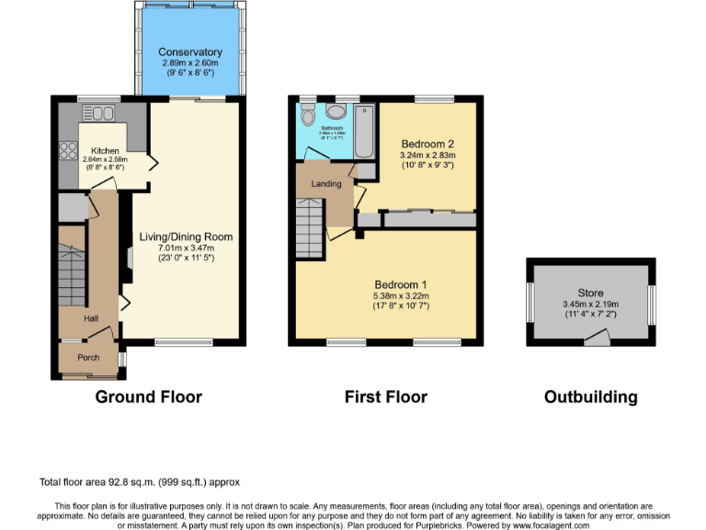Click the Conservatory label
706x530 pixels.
[189, 52]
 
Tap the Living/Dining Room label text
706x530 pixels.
[186, 236]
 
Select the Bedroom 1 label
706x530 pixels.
[401, 283]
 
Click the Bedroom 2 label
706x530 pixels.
[427, 144]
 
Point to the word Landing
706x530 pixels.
[326, 184]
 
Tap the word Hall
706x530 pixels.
[91, 318]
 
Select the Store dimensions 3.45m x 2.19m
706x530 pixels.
[591, 304]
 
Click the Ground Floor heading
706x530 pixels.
[148, 397]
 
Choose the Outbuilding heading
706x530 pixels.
[590, 397]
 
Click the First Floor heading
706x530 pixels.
[386, 397]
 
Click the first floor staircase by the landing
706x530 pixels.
[310, 230]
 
